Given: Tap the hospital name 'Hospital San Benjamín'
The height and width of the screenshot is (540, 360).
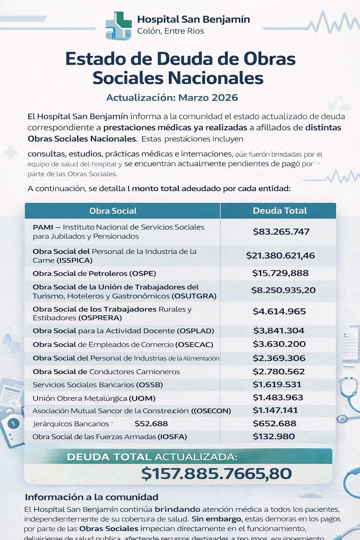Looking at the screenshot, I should tap(193, 19).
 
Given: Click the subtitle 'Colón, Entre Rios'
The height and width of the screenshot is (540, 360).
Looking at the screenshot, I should tap(171, 31).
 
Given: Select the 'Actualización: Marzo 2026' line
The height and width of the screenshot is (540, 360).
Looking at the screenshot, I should tap(172, 97).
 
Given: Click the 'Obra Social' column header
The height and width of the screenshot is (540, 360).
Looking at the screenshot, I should tap(113, 211).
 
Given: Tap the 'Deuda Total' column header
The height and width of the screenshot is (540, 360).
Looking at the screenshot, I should tap(279, 211).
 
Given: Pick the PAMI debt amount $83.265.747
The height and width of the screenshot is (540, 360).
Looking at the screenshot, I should tap(281, 232).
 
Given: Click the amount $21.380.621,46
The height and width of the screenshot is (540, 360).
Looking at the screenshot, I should tap(280, 256).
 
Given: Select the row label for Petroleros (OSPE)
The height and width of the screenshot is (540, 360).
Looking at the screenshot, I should tap(94, 274).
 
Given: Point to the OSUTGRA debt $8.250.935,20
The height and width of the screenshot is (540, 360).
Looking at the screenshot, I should tap(283, 290).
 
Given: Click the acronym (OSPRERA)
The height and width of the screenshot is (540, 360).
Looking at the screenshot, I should tap(100, 318).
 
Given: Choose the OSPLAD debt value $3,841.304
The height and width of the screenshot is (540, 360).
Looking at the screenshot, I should tap(279, 330).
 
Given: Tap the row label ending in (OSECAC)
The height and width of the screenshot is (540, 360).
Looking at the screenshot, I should tap(123, 345).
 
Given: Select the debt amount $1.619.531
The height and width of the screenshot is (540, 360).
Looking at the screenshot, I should tap(277, 384).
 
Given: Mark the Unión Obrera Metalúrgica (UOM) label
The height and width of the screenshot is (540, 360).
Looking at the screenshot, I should tap(94, 398).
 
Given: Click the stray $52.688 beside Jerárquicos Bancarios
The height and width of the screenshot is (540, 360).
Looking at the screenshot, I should tap(151, 424).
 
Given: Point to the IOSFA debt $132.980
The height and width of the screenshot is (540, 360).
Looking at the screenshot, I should tap(274, 437).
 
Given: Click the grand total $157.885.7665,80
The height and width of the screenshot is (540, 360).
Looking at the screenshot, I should tap(216, 474).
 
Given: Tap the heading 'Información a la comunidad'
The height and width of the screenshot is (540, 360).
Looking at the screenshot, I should tap(91, 497).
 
